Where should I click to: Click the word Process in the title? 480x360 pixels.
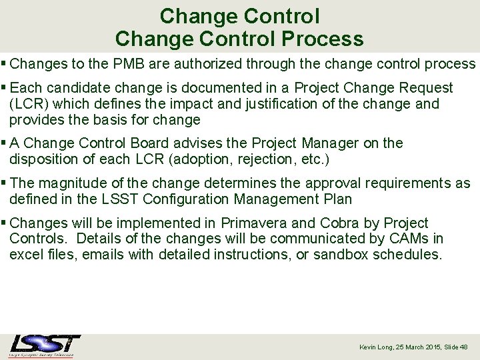pyautogui.click(x=322, y=39)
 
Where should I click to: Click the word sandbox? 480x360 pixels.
pyautogui.click(x=343, y=255)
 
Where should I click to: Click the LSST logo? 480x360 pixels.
pyautogui.click(x=45, y=345)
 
